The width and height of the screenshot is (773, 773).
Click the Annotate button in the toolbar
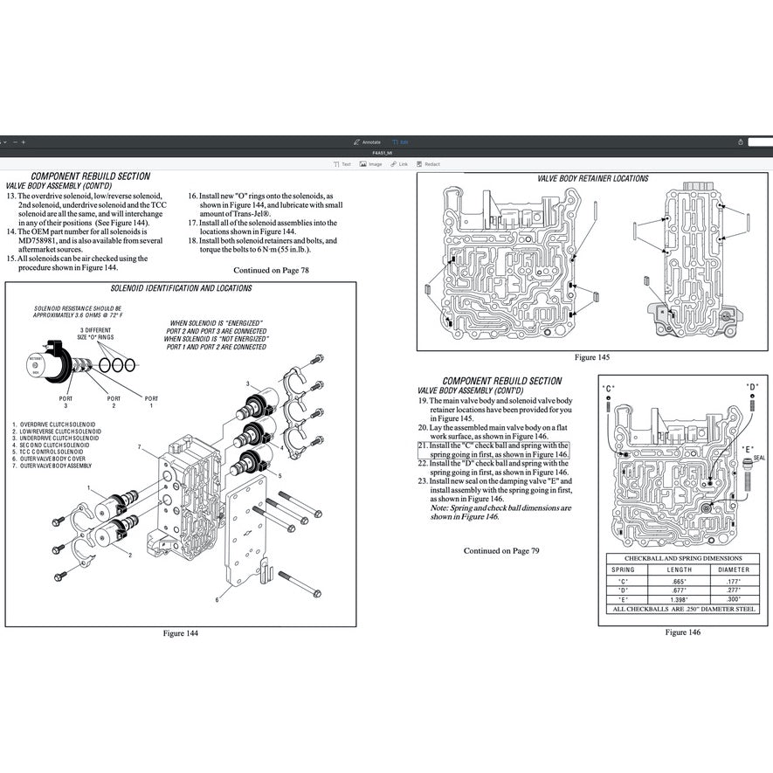[x=367, y=141]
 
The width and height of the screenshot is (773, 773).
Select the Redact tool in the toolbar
[x=429, y=164]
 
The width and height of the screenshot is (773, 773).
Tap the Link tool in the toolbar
[x=400, y=164]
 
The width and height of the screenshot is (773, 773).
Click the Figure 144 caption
[x=181, y=633]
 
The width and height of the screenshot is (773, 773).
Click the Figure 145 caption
[x=591, y=357]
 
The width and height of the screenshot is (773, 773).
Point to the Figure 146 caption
[x=682, y=632]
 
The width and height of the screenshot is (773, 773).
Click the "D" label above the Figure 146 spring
[x=751, y=387]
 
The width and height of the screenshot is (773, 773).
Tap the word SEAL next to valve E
[x=759, y=457]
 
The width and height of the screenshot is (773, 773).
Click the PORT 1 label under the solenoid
[x=150, y=401]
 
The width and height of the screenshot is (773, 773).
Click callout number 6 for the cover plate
[x=217, y=599]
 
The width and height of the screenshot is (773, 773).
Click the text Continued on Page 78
[x=271, y=270]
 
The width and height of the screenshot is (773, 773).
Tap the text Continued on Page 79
[x=501, y=550]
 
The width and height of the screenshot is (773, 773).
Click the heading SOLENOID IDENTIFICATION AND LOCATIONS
[x=182, y=289]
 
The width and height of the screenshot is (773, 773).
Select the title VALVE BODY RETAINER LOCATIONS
[x=592, y=178]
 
